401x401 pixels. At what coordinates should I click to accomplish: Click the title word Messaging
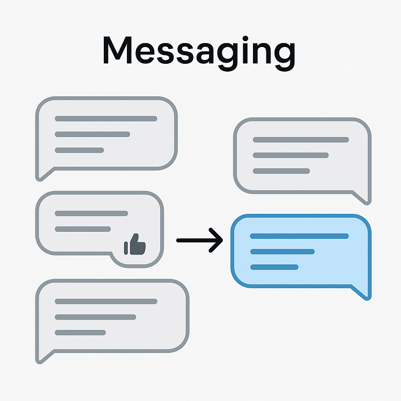pyautogui.click(x=199, y=53)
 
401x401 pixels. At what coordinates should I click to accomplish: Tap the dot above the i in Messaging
pyautogui.click(x=245, y=39)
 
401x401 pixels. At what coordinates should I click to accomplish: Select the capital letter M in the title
pyautogui.click(x=117, y=50)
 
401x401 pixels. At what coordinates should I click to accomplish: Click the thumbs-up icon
pyautogui.click(x=135, y=244)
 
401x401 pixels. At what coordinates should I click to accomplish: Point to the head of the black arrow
pyautogui.click(x=222, y=240)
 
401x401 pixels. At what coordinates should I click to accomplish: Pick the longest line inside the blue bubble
pyautogui.click(x=300, y=236)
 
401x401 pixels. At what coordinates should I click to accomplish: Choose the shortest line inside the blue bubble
pyautogui.click(x=274, y=267)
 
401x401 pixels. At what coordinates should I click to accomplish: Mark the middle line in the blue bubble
pyautogui.click(x=282, y=252)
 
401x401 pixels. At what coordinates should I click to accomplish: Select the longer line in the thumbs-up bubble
pyautogui.click(x=91, y=213)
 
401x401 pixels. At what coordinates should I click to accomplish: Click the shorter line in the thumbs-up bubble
pyautogui.click(x=83, y=229)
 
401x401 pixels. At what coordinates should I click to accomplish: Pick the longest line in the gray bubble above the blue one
pyautogui.click(x=301, y=140)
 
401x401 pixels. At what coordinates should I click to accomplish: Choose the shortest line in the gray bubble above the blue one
pyautogui.click(x=281, y=171)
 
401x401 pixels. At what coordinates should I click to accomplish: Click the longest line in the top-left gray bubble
pyautogui.click(x=106, y=119)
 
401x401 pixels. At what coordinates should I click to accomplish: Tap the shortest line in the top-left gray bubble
pyautogui.click(x=79, y=150)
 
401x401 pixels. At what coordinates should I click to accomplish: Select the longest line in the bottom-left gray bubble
pyautogui.click(x=106, y=302)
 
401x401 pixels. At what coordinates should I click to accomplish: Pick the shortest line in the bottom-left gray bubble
pyautogui.click(x=80, y=333)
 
